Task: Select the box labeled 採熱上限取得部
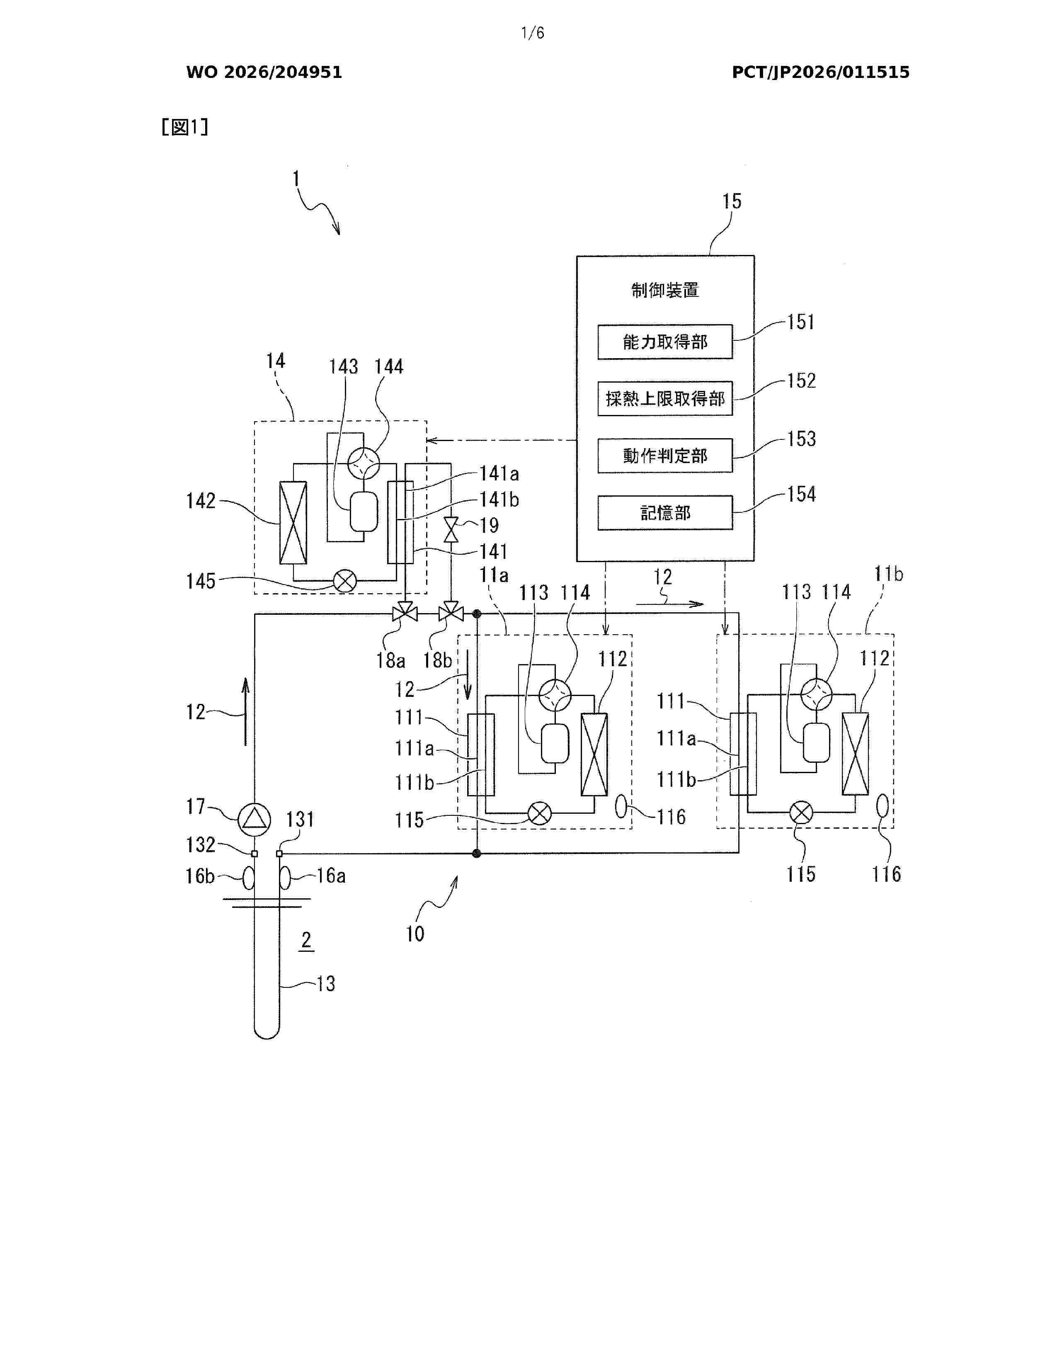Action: point(664,398)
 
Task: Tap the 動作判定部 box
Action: point(664,455)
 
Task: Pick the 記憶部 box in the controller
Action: point(664,512)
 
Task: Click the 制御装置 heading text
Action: point(664,290)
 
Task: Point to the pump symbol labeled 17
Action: point(254,819)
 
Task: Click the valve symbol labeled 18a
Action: point(405,612)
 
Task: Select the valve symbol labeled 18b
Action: point(451,612)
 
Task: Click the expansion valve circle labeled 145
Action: point(344,581)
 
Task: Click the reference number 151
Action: point(801,322)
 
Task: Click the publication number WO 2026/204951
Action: point(264,72)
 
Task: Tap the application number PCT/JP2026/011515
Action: point(820,72)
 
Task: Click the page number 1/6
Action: point(533,33)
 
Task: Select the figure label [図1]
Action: point(185,127)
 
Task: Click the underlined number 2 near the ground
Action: point(306,939)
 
